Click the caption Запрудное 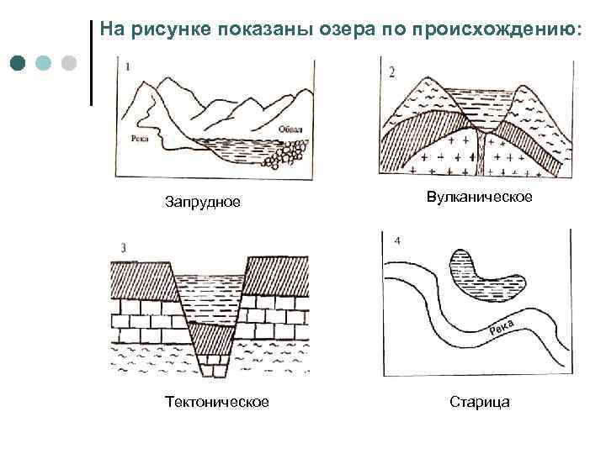[203, 203]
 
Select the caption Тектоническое [217, 402]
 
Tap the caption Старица [480, 402]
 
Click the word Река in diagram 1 [141, 137]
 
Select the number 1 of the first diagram [126, 66]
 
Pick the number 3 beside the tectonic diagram [124, 247]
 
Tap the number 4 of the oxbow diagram [396, 242]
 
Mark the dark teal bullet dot [19, 63]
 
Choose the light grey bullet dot [69, 63]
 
